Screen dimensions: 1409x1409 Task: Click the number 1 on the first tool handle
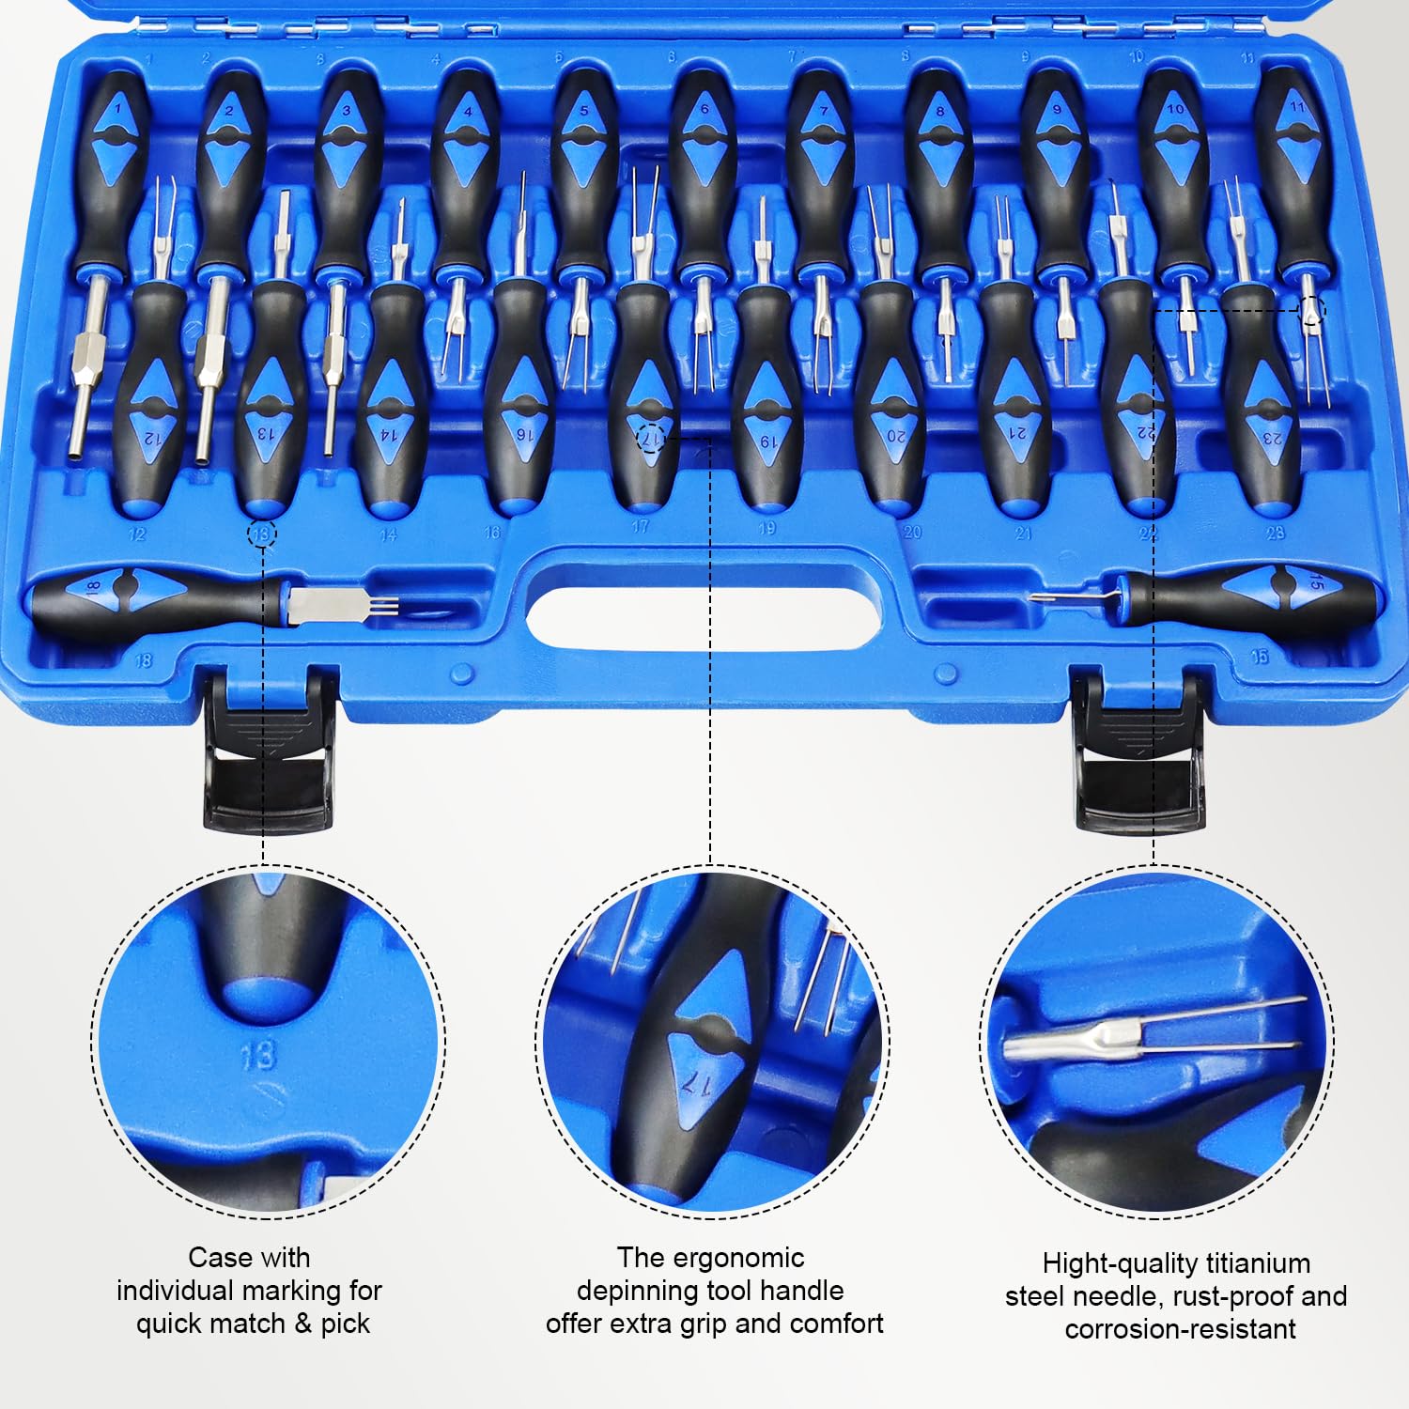117,109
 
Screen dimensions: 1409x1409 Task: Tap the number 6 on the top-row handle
704,109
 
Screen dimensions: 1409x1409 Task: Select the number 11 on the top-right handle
1297,106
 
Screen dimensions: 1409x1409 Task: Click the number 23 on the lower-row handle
1272,438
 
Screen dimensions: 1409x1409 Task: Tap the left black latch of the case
269,751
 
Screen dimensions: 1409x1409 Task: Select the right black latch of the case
1139,751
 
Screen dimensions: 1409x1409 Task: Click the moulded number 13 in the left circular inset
257,1056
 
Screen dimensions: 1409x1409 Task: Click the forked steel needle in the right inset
1155,1033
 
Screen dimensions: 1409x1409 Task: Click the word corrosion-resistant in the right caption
1180,1329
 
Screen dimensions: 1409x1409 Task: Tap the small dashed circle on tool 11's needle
1312,310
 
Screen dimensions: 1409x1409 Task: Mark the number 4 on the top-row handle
468,111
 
